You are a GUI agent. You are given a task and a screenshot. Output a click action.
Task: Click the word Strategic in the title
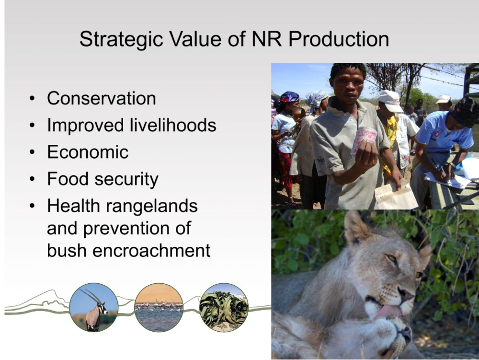(x=121, y=39)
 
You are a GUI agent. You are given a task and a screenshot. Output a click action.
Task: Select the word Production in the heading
(x=339, y=39)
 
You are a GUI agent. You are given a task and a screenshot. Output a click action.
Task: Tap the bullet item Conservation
(x=102, y=98)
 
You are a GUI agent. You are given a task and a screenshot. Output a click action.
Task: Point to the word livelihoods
(x=173, y=125)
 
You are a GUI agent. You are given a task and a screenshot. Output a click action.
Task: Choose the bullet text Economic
(x=88, y=152)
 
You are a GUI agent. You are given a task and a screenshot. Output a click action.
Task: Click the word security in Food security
(x=126, y=179)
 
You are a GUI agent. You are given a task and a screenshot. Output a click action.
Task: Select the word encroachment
(x=151, y=251)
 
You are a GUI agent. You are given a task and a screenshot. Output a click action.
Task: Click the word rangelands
(x=152, y=207)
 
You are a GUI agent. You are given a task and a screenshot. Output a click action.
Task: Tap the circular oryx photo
(x=93, y=307)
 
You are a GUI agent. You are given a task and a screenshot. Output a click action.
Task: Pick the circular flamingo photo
(x=159, y=307)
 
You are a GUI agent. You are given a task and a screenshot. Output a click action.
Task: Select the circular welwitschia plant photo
(x=224, y=307)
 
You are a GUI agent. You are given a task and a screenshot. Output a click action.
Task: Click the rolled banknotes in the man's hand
(x=364, y=139)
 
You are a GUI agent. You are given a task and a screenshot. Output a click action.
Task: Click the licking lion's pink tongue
(x=386, y=313)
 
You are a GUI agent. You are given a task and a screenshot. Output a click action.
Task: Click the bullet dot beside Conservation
(x=33, y=99)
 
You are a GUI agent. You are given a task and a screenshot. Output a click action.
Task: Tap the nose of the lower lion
(x=405, y=333)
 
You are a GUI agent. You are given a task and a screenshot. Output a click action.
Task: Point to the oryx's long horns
(x=91, y=295)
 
